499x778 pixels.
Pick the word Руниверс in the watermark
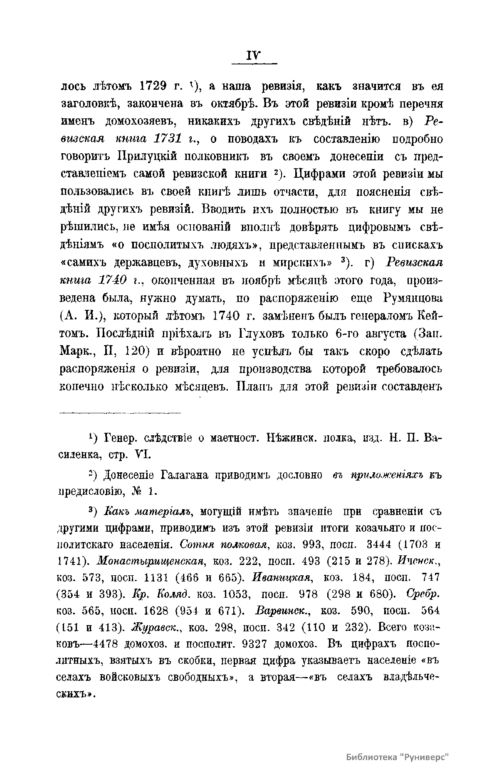[428, 757]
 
